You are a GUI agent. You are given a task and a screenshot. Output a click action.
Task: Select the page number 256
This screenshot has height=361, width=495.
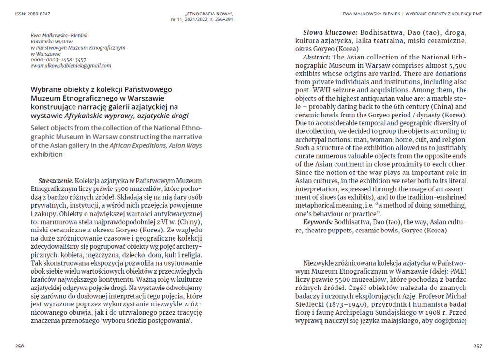20,346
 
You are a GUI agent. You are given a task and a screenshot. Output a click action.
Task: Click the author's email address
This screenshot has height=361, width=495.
71,66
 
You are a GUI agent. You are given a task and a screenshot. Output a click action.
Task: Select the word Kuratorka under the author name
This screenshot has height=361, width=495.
44,42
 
